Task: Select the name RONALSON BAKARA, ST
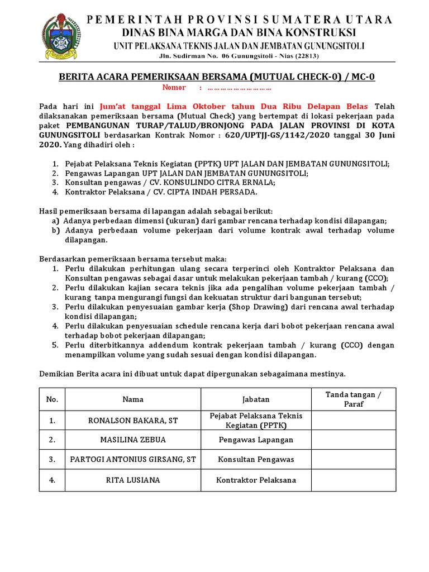[133, 420]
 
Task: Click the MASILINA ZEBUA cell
[133, 440]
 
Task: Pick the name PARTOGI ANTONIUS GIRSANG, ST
[133, 459]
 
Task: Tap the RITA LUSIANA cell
[133, 480]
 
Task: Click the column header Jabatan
[255, 399]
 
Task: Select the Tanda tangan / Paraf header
[353, 399]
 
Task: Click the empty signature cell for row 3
[353, 459]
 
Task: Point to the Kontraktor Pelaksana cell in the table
[255, 480]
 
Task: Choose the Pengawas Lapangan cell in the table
[255, 440]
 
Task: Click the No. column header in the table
[52, 399]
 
